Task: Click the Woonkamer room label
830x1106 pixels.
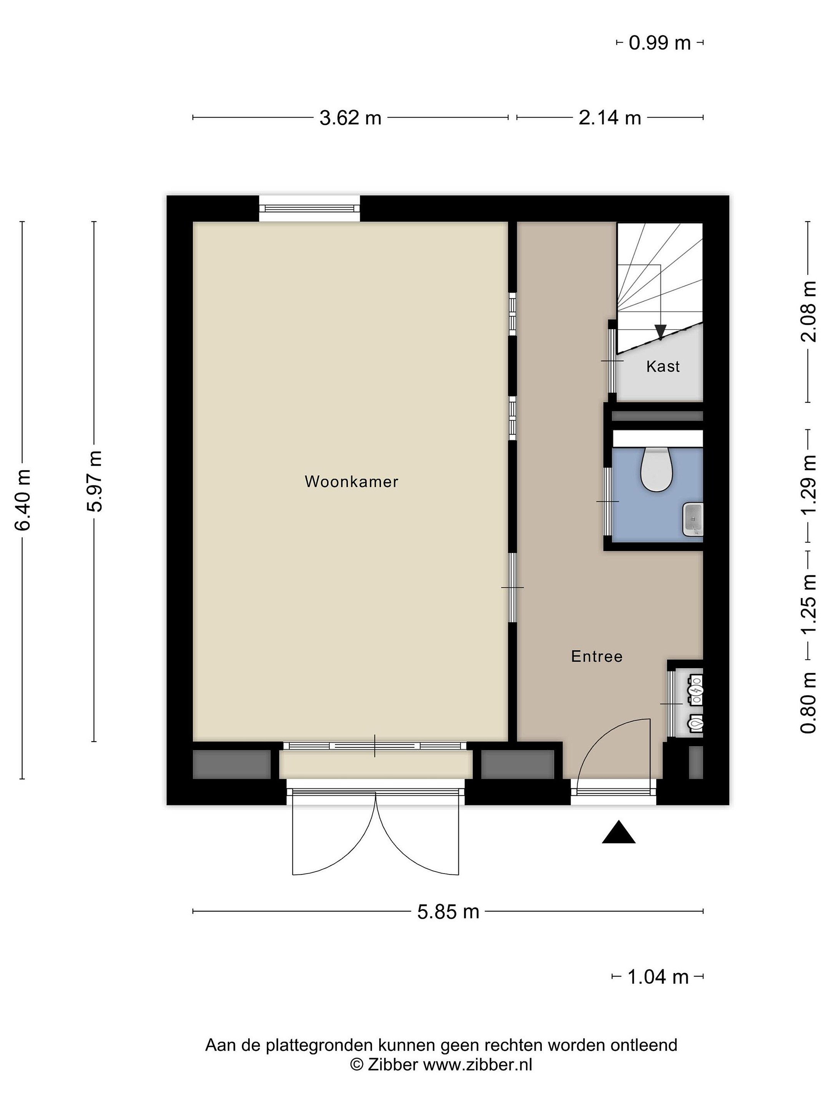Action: pos(351,482)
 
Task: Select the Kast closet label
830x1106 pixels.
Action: pos(663,366)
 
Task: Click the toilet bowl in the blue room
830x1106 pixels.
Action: pos(656,469)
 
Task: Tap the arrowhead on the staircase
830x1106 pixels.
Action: pos(661,331)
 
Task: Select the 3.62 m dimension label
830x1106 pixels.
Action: pos(350,118)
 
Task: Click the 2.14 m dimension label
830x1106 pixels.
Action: pos(610,118)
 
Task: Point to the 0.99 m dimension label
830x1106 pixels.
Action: pos(659,43)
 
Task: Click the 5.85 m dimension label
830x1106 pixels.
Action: pos(448,912)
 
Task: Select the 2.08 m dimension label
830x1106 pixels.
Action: pos(808,311)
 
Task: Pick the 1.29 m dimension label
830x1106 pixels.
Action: pos(808,484)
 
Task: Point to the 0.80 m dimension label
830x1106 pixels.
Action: pos(808,702)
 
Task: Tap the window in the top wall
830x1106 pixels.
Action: pos(309,209)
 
